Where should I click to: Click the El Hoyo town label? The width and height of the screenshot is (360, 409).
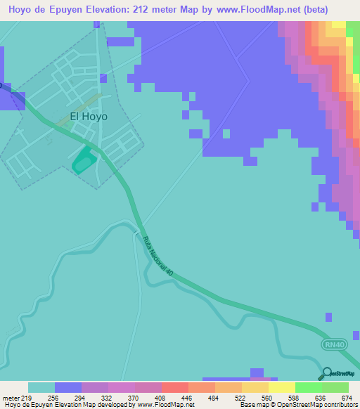point(89,117)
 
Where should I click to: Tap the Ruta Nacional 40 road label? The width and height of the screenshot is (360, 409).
point(157,255)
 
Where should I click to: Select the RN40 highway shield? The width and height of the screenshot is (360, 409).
point(335,344)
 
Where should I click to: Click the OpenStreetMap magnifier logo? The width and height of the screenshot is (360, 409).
point(326,372)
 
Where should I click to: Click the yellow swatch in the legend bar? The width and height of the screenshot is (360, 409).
point(281,387)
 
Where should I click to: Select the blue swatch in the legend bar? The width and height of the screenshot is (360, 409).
point(68,387)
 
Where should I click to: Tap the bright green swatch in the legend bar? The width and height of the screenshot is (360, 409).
point(308,387)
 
